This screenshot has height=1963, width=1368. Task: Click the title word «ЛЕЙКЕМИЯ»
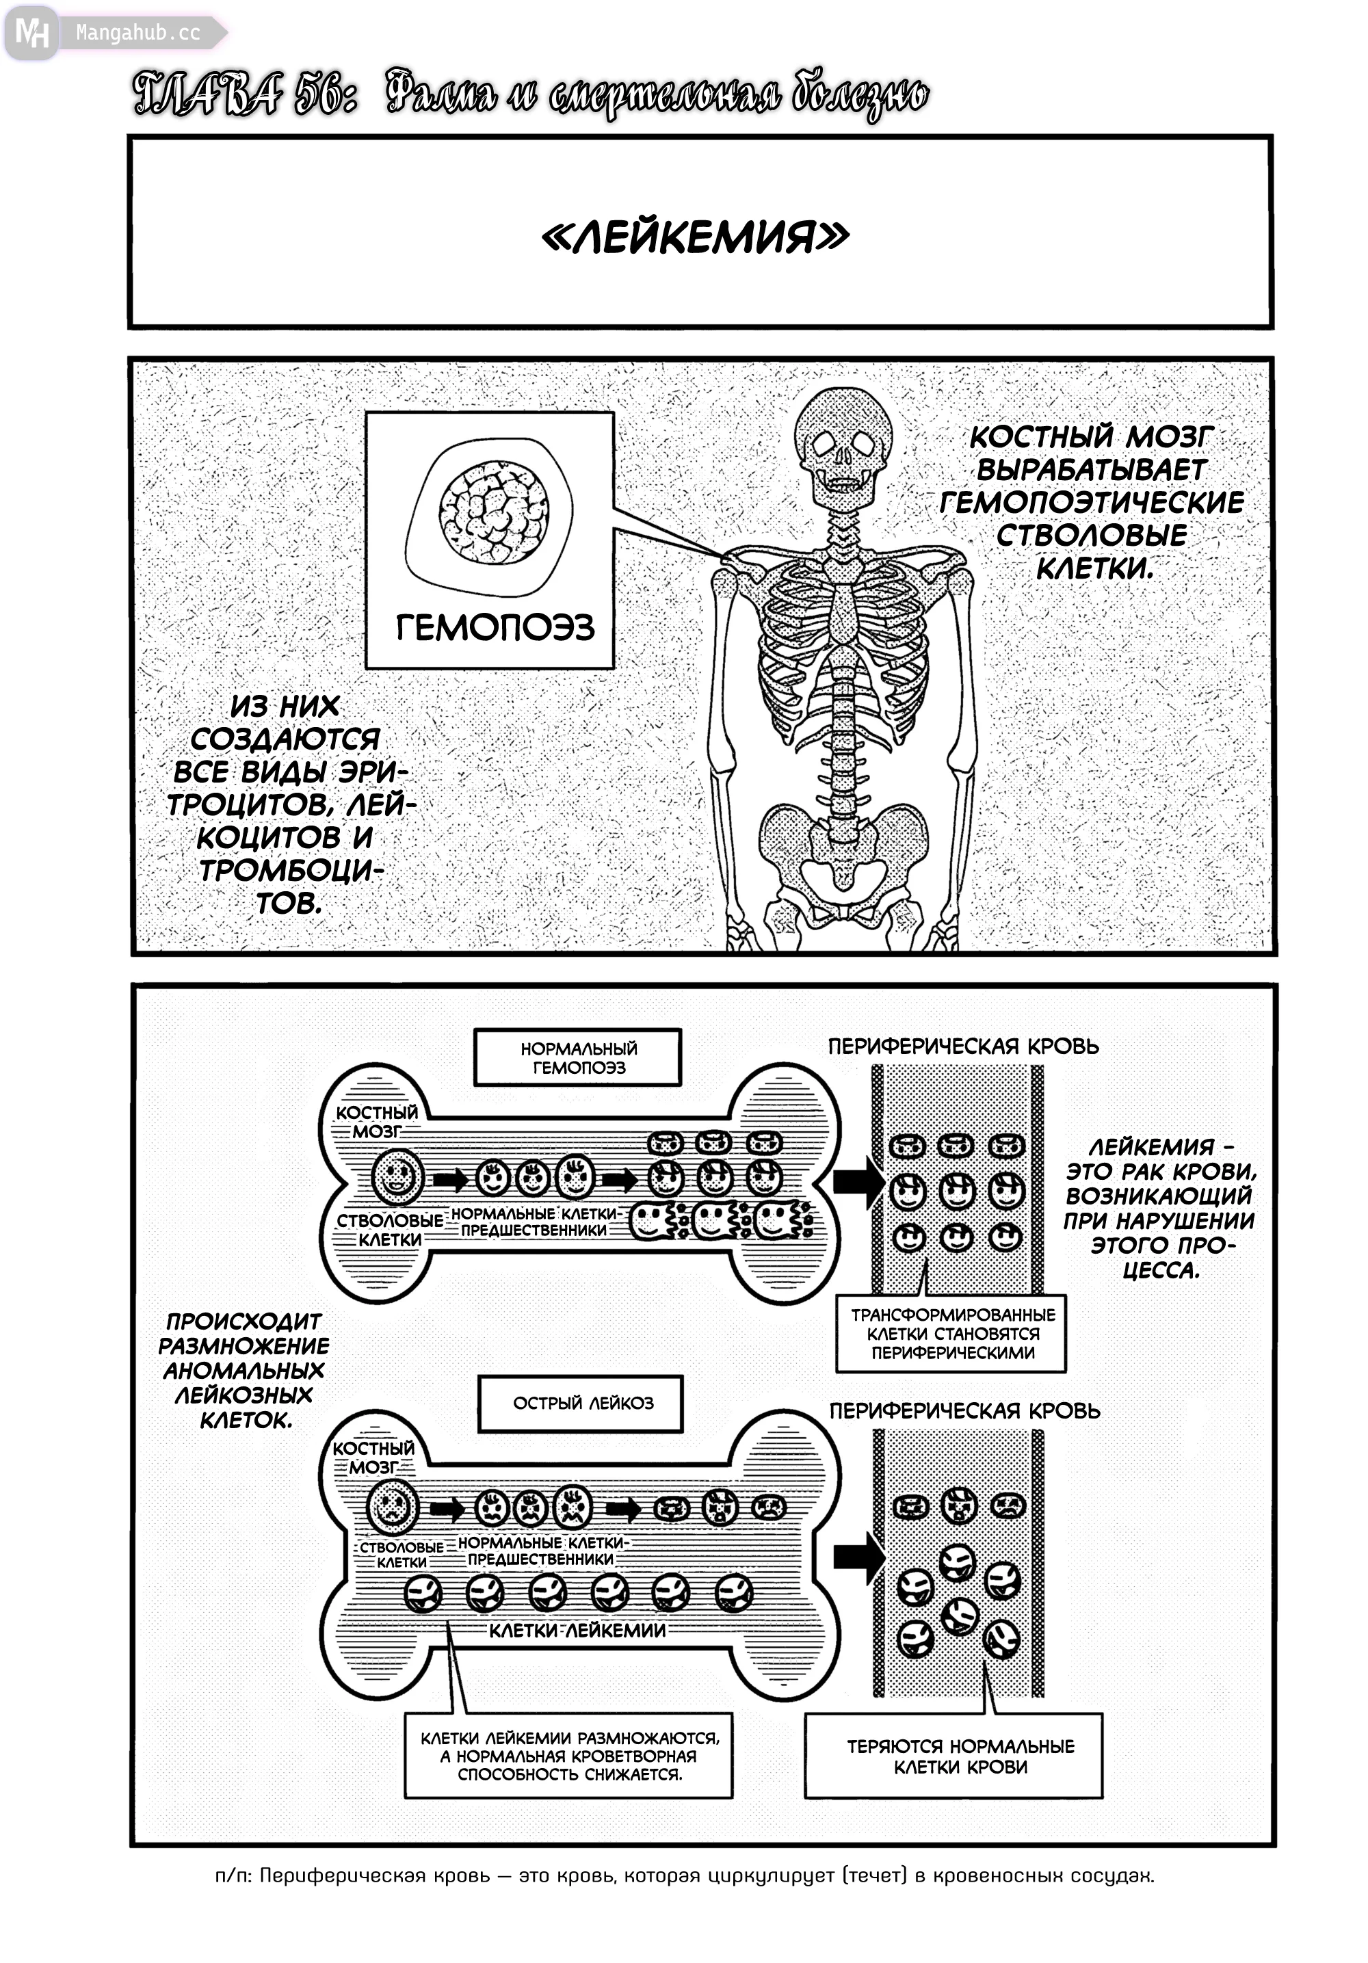click(x=695, y=237)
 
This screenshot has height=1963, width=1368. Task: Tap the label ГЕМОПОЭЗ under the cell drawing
click(x=494, y=629)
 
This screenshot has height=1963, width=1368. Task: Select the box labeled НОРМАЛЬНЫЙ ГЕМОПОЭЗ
click(x=578, y=1057)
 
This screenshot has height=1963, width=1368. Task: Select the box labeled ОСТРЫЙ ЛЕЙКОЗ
click(x=581, y=1403)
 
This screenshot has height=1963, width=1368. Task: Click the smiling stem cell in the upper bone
click(x=397, y=1176)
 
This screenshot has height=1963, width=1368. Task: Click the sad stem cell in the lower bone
click(x=393, y=1507)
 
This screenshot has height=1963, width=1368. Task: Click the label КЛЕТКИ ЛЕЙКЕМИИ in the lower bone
click(x=577, y=1631)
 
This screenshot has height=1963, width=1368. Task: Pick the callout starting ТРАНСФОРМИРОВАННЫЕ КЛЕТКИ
click(x=951, y=1334)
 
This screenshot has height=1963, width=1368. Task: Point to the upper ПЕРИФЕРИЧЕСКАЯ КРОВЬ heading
click(x=963, y=1046)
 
